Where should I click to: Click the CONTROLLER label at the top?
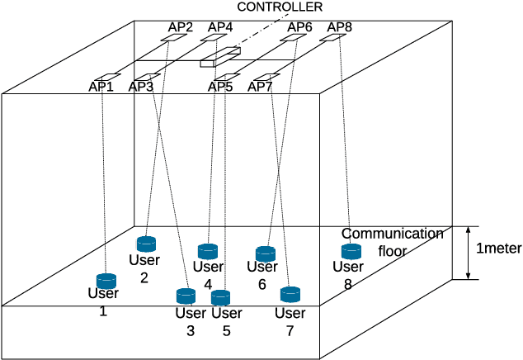(x=280, y=7)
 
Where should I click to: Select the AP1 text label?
(x=101, y=86)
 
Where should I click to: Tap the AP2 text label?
(x=180, y=27)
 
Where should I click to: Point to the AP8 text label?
(x=339, y=27)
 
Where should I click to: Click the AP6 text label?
(x=299, y=27)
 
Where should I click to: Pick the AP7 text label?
(x=260, y=86)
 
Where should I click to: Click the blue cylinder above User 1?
(x=106, y=281)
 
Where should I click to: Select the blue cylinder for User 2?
(x=146, y=244)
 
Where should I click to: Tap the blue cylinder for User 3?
(x=186, y=295)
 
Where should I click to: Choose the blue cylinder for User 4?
(x=208, y=251)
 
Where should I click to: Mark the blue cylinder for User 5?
(x=220, y=297)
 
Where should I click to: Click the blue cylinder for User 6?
(x=265, y=253)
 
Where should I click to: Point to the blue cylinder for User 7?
(x=290, y=294)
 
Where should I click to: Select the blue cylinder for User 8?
(x=351, y=251)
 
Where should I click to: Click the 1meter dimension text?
(x=497, y=249)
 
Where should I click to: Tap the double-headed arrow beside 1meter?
(x=468, y=253)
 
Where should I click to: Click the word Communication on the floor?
(x=392, y=234)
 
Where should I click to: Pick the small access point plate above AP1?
(x=109, y=77)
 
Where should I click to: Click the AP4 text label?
(x=219, y=27)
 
